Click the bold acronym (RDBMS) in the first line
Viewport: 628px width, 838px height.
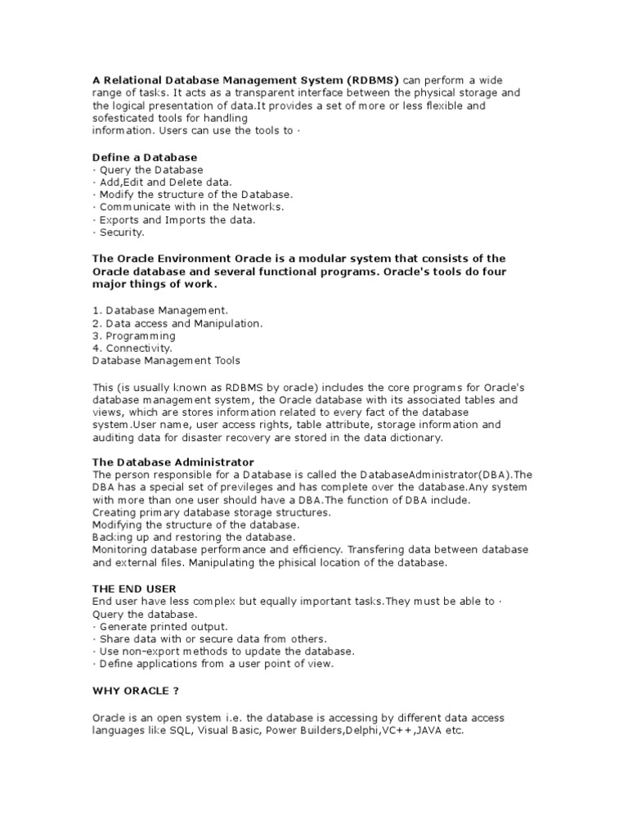(x=372, y=80)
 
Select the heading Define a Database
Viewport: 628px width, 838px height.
(x=145, y=156)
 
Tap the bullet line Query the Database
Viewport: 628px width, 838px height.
(x=148, y=169)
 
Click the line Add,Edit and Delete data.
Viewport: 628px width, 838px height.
(x=163, y=182)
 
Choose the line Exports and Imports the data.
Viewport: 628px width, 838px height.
(x=174, y=219)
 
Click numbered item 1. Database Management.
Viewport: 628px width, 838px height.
(x=161, y=310)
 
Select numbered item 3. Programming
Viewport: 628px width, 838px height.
(x=134, y=336)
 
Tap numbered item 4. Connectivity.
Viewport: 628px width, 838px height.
(x=132, y=348)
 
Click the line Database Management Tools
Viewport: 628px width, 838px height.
(x=167, y=360)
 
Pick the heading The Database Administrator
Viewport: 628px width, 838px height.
(x=173, y=462)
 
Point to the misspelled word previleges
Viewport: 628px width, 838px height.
(x=234, y=487)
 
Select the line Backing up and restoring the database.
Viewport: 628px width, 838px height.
(x=194, y=537)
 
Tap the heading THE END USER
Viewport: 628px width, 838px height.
(x=134, y=588)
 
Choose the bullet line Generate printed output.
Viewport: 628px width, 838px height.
(x=161, y=626)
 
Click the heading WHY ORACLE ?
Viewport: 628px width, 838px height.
(x=135, y=690)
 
